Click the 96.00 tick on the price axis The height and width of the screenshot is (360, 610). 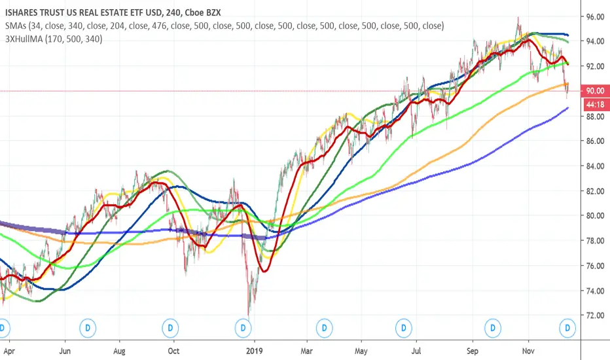coord(594,17)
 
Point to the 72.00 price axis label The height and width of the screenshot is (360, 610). coord(594,315)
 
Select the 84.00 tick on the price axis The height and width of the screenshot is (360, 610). coord(594,166)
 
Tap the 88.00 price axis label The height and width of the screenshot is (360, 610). coord(594,117)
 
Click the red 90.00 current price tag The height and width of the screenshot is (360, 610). coord(594,92)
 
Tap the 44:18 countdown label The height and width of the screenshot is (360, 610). coord(594,103)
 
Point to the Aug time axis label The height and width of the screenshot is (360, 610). coord(119,351)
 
